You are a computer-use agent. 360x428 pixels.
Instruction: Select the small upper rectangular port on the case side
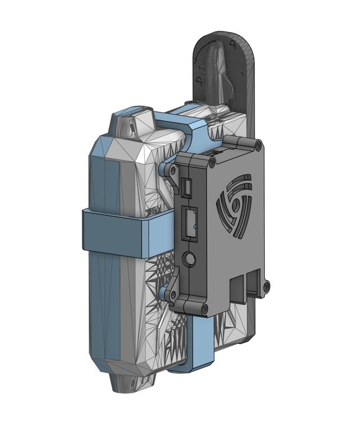coord(187,187)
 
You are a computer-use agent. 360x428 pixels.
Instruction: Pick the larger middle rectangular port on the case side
coord(189,224)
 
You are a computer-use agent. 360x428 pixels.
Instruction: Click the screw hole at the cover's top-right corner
coord(258,146)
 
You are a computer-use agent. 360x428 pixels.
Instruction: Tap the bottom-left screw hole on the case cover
coord(204,308)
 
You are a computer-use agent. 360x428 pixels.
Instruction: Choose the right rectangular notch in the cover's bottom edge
coord(255,281)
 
